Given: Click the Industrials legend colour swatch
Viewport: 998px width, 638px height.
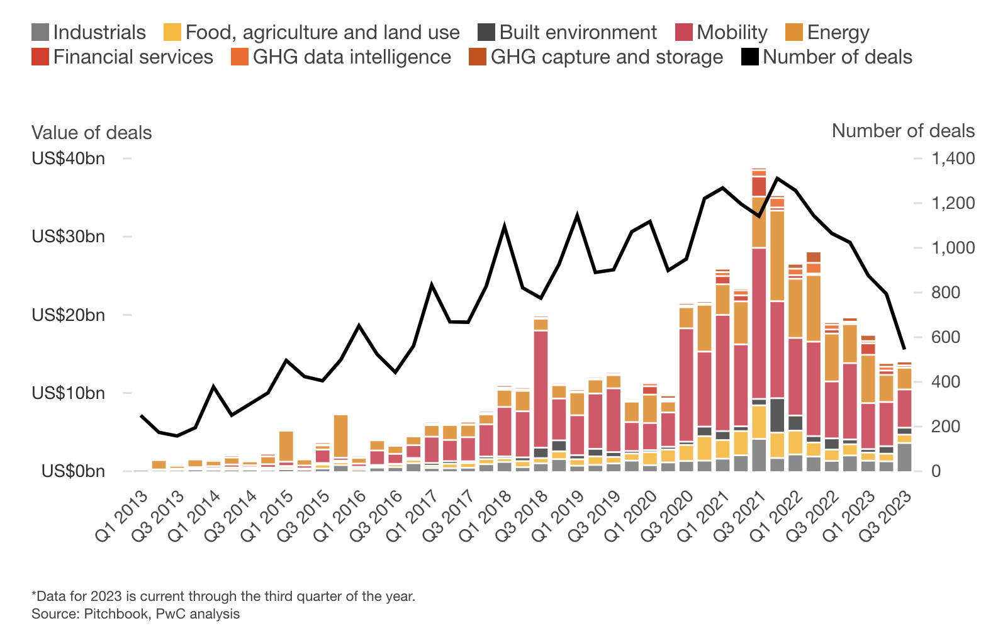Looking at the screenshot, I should click(x=40, y=32).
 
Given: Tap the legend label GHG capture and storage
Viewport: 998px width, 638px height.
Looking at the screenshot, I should click(x=607, y=57).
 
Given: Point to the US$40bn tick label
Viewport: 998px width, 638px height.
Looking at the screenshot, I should click(x=68, y=158).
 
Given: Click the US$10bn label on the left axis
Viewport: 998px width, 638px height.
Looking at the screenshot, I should click(x=68, y=393).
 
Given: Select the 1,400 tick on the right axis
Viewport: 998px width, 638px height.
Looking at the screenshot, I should click(x=953, y=158).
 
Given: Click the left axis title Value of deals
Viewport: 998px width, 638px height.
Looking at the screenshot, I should click(x=92, y=133).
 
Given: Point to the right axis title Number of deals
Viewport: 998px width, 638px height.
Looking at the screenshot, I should click(x=902, y=131).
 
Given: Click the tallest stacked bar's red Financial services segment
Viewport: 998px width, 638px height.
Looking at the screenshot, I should click(x=759, y=186).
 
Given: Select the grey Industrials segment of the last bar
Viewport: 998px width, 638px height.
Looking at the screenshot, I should click(x=904, y=457).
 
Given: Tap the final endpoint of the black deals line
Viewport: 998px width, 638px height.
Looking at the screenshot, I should click(x=904, y=349).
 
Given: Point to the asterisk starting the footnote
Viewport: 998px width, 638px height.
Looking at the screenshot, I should click(x=34, y=595).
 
